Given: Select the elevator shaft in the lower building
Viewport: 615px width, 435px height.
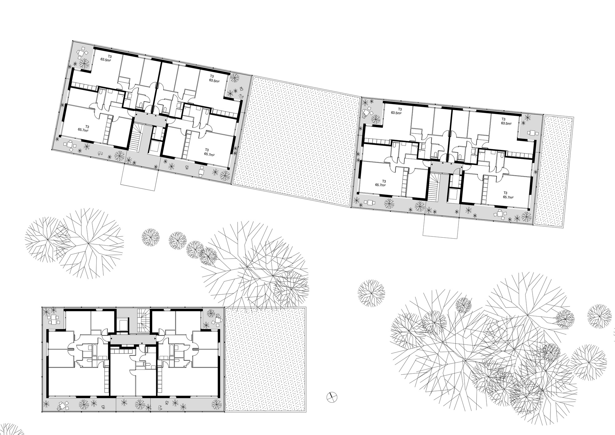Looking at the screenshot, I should [x=123, y=325].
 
